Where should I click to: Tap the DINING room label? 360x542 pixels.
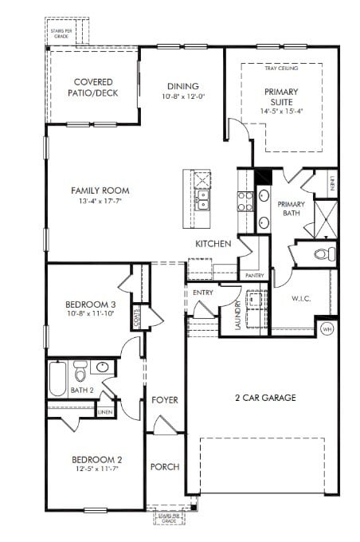click(182, 87)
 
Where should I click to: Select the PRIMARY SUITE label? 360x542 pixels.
click(282, 96)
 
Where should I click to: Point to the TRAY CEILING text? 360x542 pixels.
click(281, 69)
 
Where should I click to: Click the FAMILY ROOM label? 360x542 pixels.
click(100, 190)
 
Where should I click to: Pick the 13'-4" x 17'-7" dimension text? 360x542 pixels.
click(100, 202)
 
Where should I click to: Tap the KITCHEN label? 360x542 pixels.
click(213, 244)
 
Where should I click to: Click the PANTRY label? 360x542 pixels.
click(254, 276)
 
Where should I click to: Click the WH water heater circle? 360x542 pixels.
click(327, 328)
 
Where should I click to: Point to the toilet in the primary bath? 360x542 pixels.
click(322, 254)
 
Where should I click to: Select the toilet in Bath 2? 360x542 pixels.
click(80, 372)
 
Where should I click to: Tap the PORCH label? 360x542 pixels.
click(165, 466)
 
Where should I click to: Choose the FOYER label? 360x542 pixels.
click(165, 399)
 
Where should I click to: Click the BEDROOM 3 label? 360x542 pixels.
click(91, 304)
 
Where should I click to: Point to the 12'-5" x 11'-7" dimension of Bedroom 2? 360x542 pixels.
click(96, 470)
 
